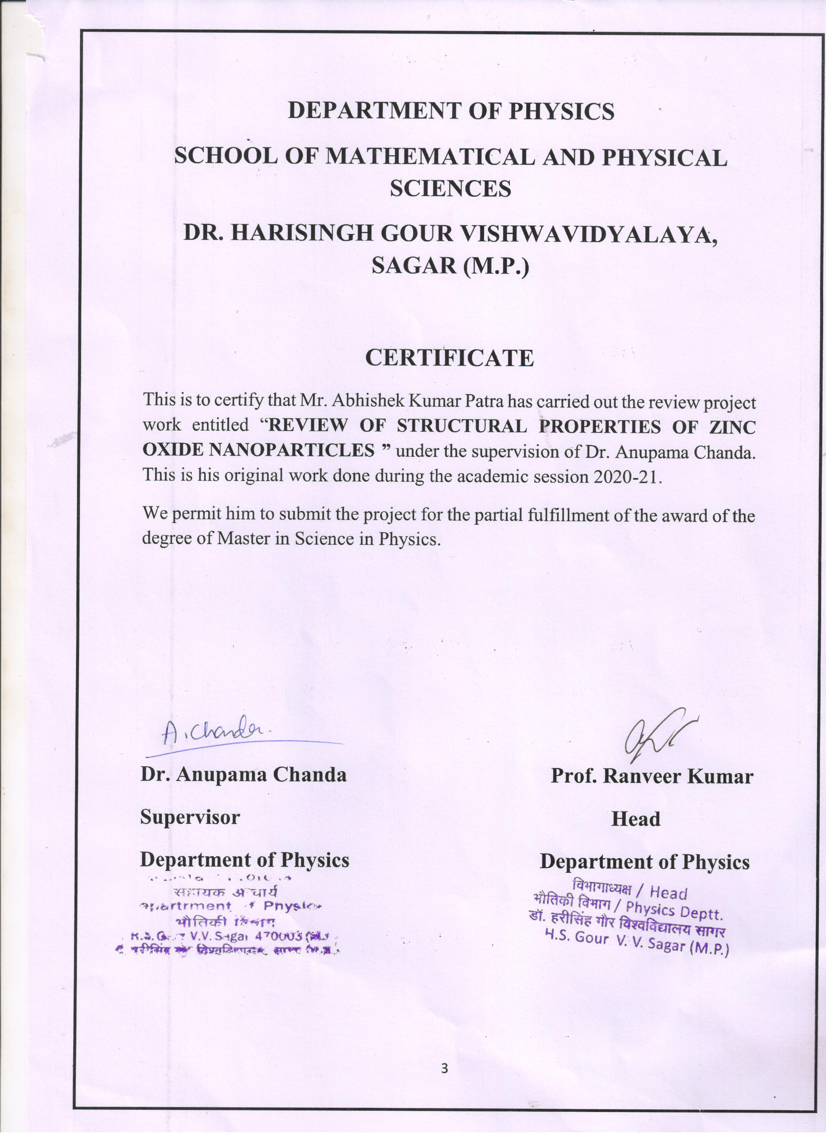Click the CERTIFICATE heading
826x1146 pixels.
pos(449,358)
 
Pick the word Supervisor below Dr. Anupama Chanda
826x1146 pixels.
pos(190,817)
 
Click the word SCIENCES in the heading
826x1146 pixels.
pos(450,189)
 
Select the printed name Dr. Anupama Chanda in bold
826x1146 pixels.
pos(243,774)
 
